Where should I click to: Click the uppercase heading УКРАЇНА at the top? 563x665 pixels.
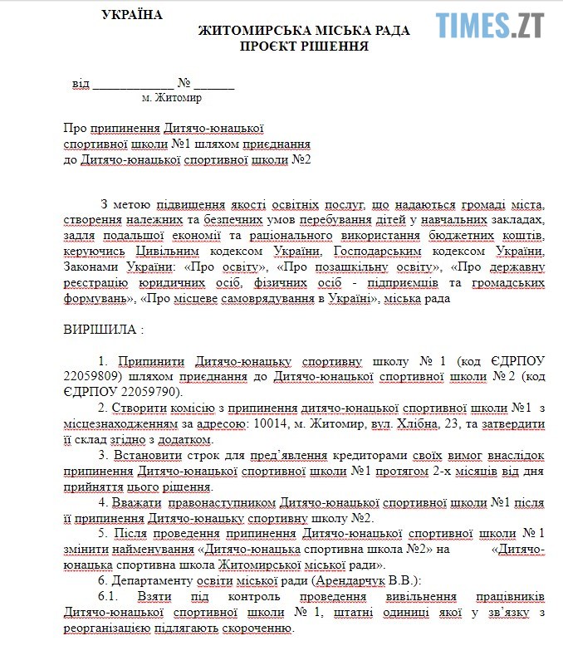pyautogui.click(x=132, y=15)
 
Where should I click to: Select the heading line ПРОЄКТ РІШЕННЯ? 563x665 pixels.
pyautogui.click(x=304, y=46)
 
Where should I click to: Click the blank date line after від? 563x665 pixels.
pyautogui.click(x=133, y=84)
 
